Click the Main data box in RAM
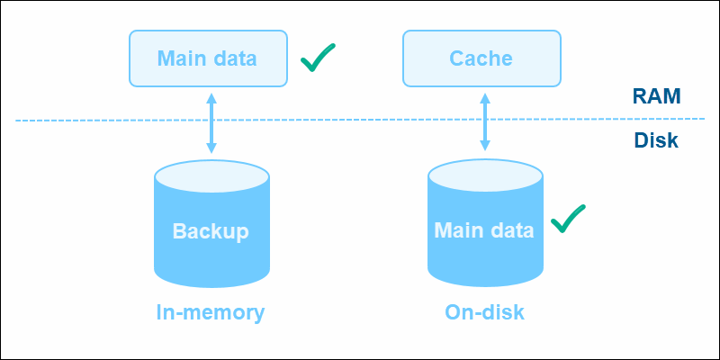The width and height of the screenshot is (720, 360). coord(208,59)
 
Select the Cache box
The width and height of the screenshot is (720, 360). coord(481,59)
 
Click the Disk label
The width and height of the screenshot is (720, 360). coord(655,141)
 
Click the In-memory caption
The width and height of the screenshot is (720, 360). coord(211,312)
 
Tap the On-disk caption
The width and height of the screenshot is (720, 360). coord(484,312)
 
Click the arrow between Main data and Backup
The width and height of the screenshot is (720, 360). coord(211,121)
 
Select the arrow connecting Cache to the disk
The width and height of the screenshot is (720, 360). coord(484,121)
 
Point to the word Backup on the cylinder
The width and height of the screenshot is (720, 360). coord(211,230)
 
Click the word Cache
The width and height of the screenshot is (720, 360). coord(481,59)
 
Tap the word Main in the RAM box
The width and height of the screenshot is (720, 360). coord(179,59)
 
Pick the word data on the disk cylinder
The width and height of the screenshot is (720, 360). coord(511,229)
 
